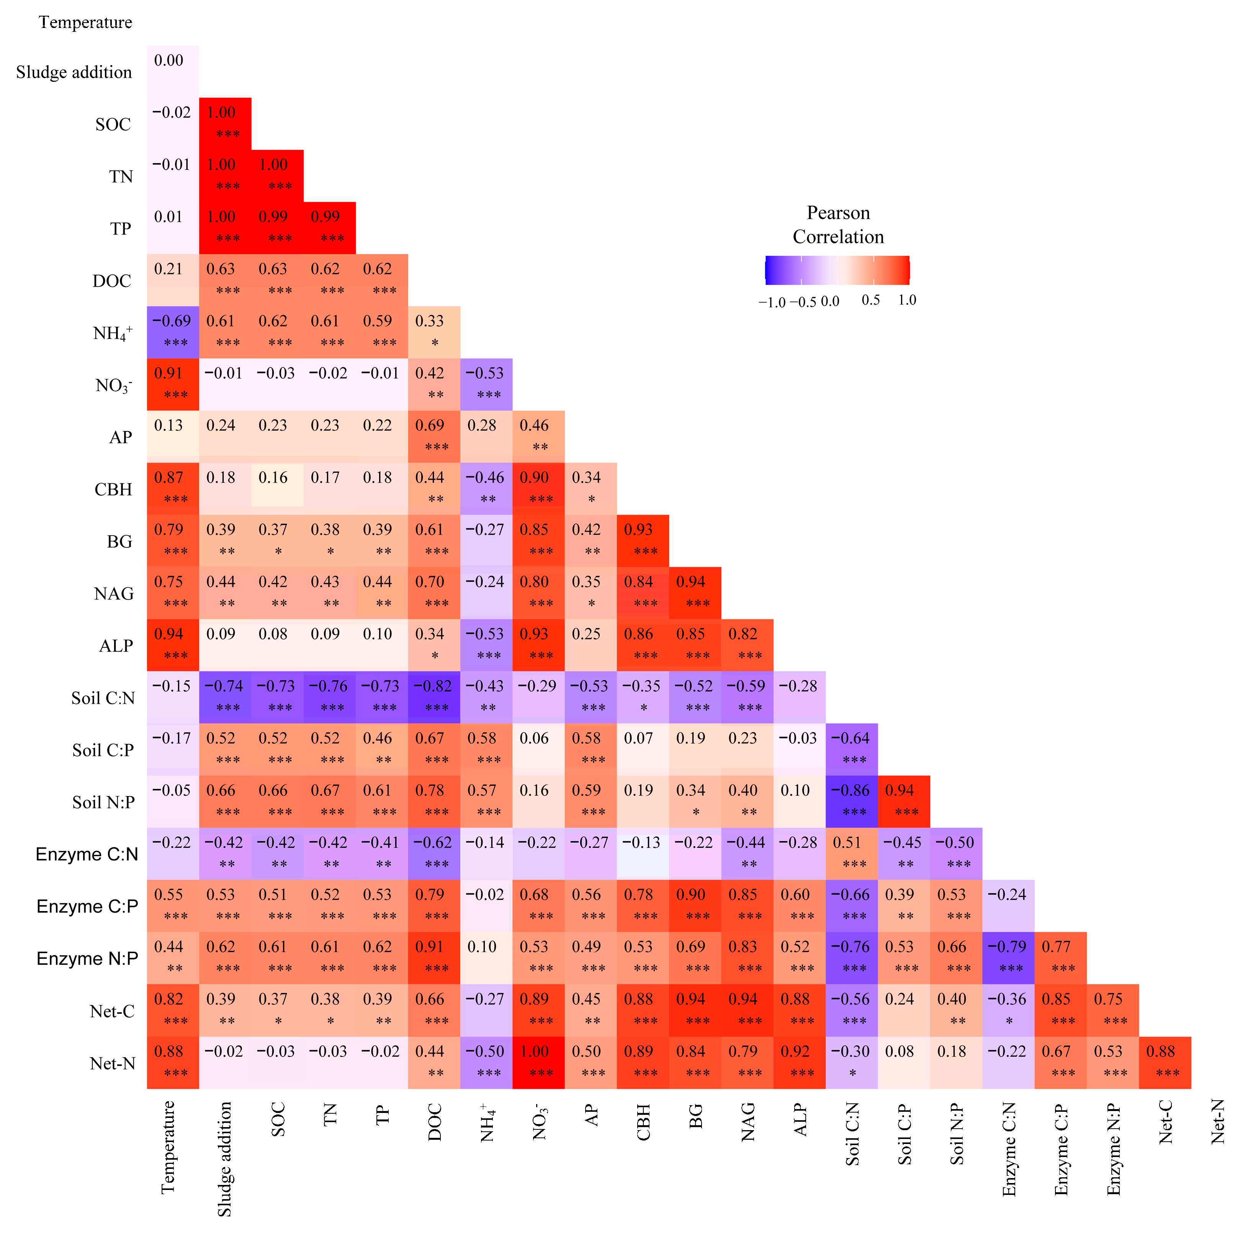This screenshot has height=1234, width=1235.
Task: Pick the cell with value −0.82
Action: coord(433,697)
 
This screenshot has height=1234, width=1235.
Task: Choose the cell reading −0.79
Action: coord(1008,958)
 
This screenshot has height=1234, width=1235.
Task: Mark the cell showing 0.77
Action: coord(1060,958)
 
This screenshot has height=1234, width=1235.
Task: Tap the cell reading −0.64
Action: coord(851,749)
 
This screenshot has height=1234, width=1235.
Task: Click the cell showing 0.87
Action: coord(173,488)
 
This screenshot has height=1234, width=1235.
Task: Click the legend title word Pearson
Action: coord(838,213)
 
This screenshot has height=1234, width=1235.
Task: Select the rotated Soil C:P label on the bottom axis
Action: coord(904,1134)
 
